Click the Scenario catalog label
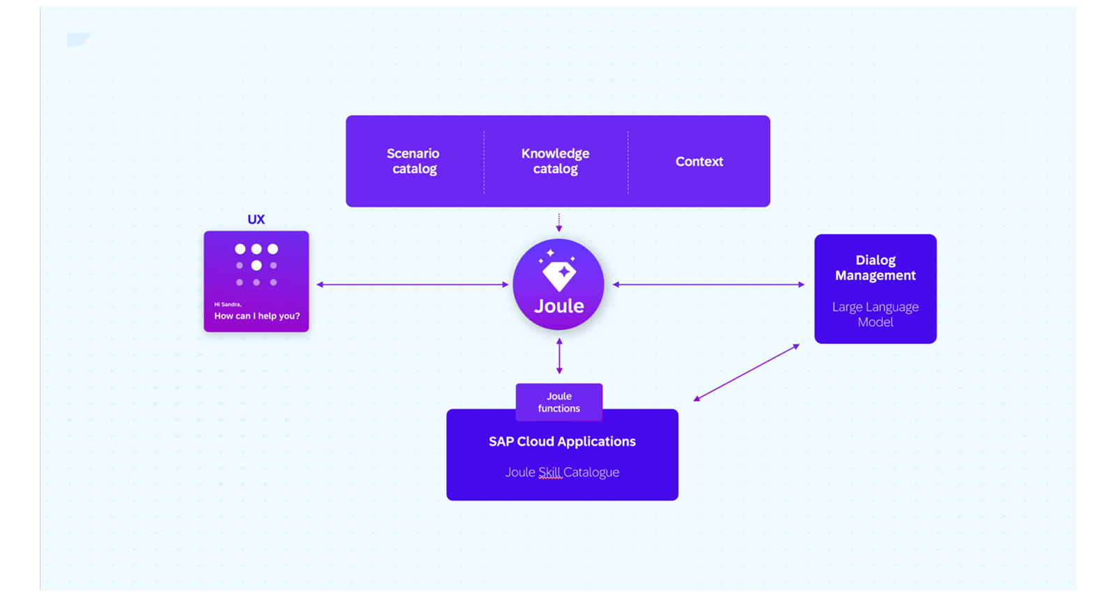(x=413, y=161)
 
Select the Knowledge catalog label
(x=556, y=161)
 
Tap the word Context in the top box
(x=699, y=162)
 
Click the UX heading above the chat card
(x=256, y=219)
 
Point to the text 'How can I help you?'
(x=257, y=316)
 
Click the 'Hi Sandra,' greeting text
(x=228, y=304)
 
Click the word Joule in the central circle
(x=559, y=306)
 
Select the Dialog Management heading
(x=875, y=268)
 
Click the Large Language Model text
(x=875, y=315)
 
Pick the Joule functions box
(x=559, y=402)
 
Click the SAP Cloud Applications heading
(x=563, y=441)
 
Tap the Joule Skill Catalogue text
(x=563, y=472)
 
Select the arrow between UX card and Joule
(x=413, y=285)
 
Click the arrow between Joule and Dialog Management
(x=709, y=285)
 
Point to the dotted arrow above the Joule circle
(x=559, y=222)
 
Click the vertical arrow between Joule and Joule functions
(x=559, y=356)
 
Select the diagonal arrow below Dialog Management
(x=746, y=372)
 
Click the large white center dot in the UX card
(x=256, y=266)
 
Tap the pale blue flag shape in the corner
(x=79, y=39)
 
